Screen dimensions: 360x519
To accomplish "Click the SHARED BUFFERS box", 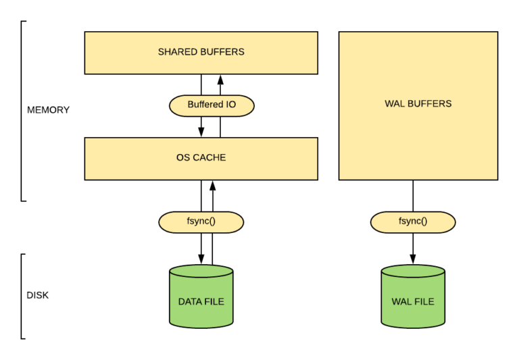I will coord(201,52).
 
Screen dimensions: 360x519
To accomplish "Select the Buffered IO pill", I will coord(211,105).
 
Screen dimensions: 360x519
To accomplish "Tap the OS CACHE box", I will coord(201,158).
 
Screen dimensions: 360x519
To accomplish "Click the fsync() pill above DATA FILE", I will coord(201,222).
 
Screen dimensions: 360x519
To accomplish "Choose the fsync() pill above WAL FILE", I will coord(413,222).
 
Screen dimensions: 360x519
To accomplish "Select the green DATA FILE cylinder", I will coord(201,297).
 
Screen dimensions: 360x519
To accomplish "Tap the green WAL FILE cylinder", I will coord(413,297).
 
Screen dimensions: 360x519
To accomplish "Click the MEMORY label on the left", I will coord(48,109).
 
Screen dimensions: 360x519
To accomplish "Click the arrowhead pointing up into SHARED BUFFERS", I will coord(220,79).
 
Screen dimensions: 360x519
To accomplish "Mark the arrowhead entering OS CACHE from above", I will coord(201,132).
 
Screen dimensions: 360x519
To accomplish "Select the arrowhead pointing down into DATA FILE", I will coord(201,259).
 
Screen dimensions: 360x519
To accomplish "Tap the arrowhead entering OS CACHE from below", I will coord(212,186).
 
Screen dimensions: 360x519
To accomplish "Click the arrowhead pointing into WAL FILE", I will coord(413,259).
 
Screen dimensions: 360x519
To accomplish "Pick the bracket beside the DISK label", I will coord(22,296).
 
